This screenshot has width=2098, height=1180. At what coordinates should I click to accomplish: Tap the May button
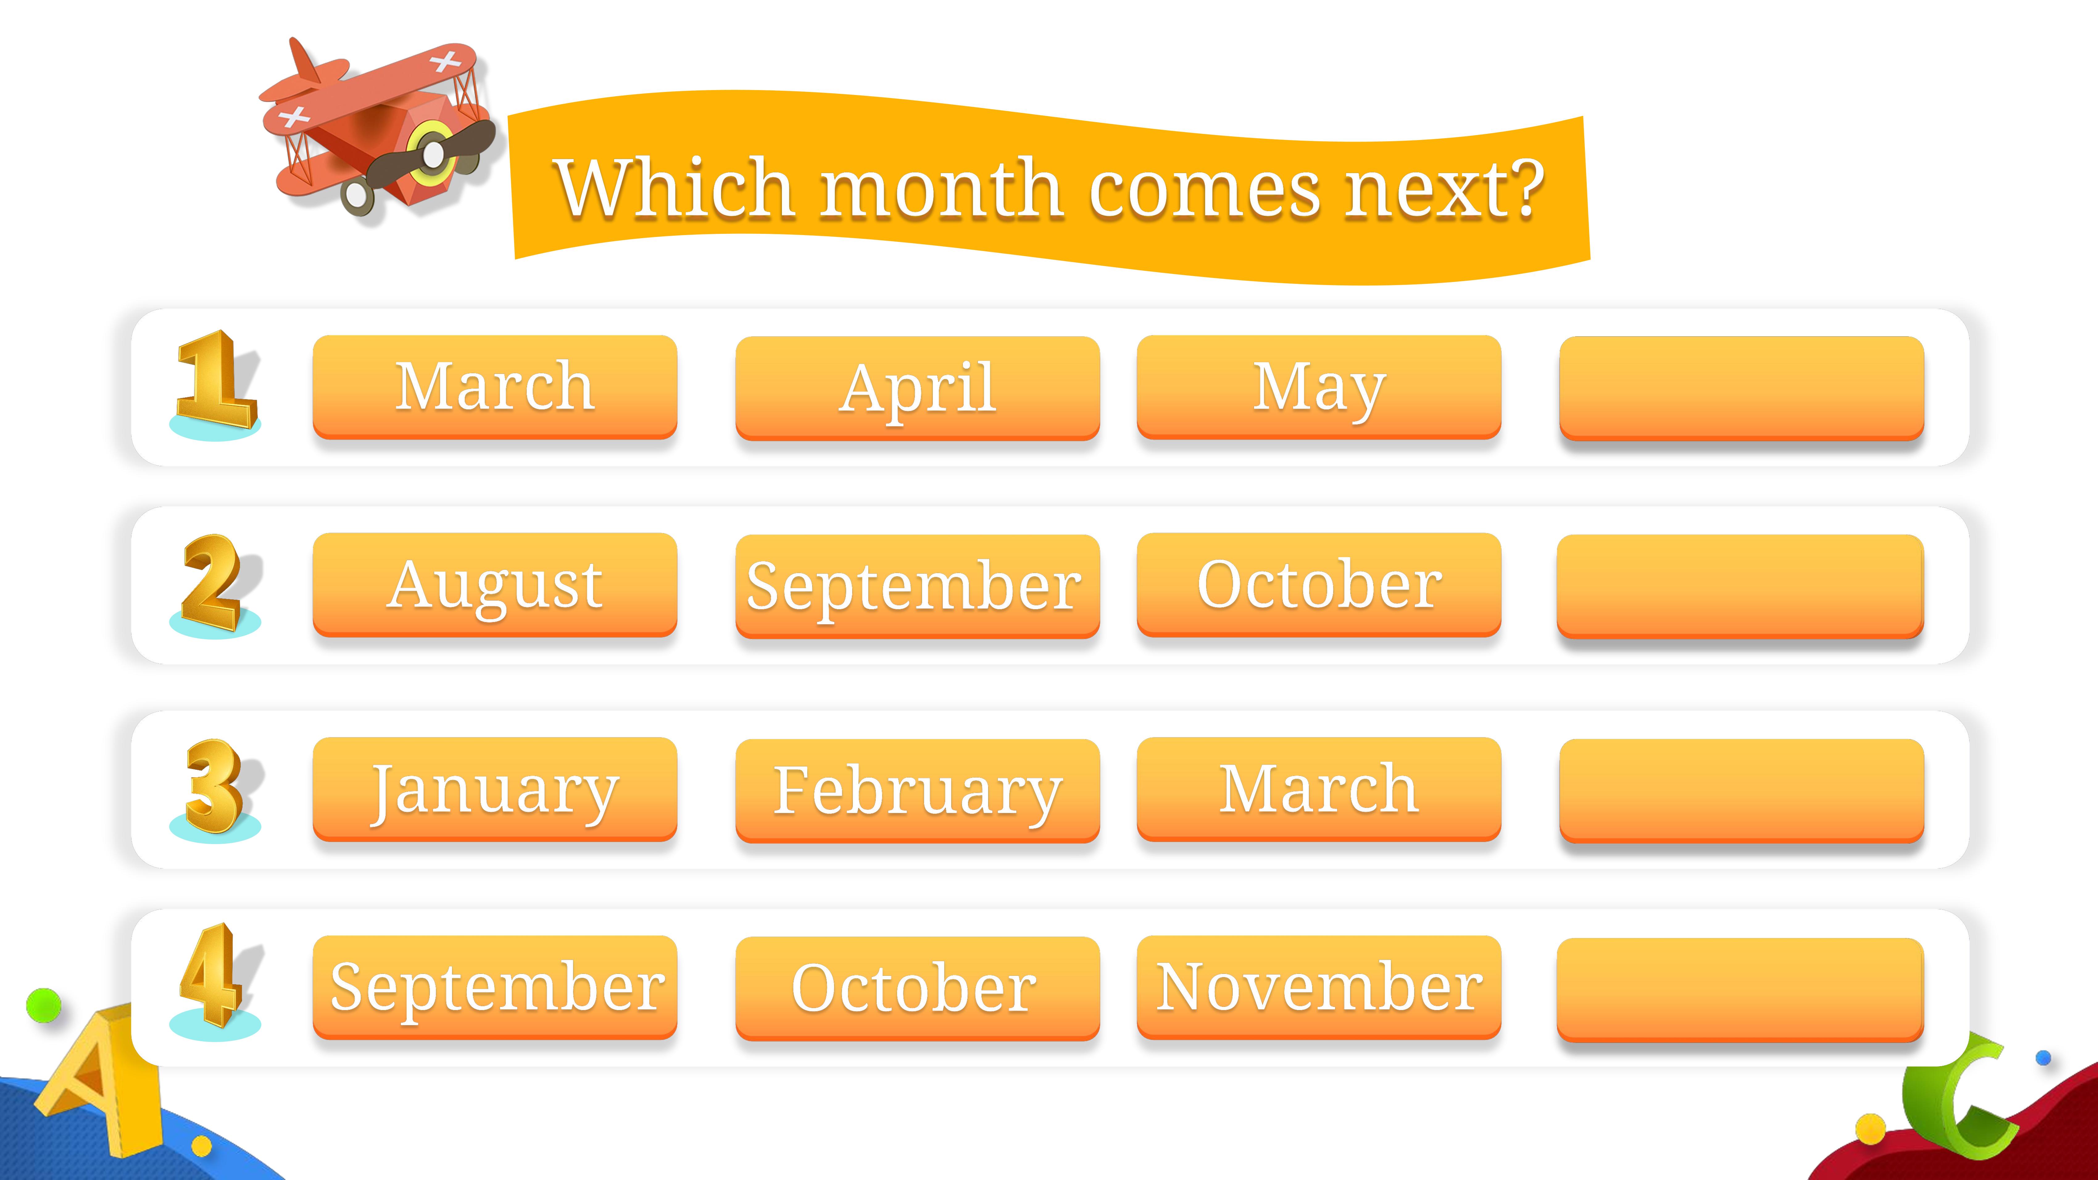[1319, 387]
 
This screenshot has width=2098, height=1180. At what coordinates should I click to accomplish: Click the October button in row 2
[1319, 585]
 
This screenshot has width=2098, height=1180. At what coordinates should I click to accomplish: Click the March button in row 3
[1319, 789]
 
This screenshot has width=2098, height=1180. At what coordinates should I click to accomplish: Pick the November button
[1319, 987]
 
